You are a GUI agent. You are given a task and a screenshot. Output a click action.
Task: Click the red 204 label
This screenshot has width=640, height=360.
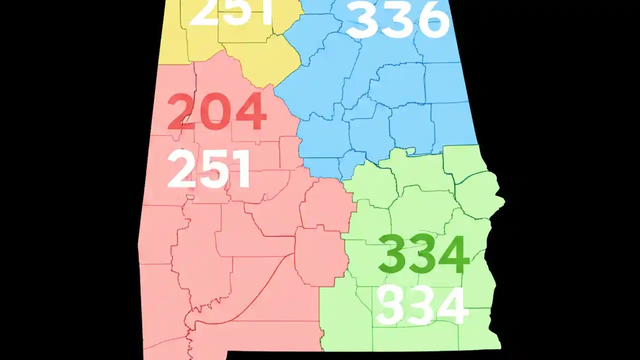(216, 111)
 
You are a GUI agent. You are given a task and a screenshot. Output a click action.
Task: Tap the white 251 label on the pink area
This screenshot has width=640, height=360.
(209, 169)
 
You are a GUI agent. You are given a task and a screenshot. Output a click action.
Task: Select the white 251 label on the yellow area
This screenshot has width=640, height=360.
(231, 12)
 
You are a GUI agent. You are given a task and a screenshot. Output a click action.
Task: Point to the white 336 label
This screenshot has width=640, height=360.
(398, 20)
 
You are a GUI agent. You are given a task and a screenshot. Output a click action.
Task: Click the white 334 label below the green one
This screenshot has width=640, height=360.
(423, 305)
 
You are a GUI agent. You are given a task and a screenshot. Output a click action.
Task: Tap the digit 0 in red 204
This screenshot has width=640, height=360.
(216, 111)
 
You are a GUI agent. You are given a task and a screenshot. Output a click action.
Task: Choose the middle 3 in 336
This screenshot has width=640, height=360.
(398, 20)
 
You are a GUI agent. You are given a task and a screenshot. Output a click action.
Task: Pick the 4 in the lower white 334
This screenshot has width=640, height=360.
(453, 305)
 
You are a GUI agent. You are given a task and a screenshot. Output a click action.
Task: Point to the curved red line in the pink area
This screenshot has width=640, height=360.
(260, 295)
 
